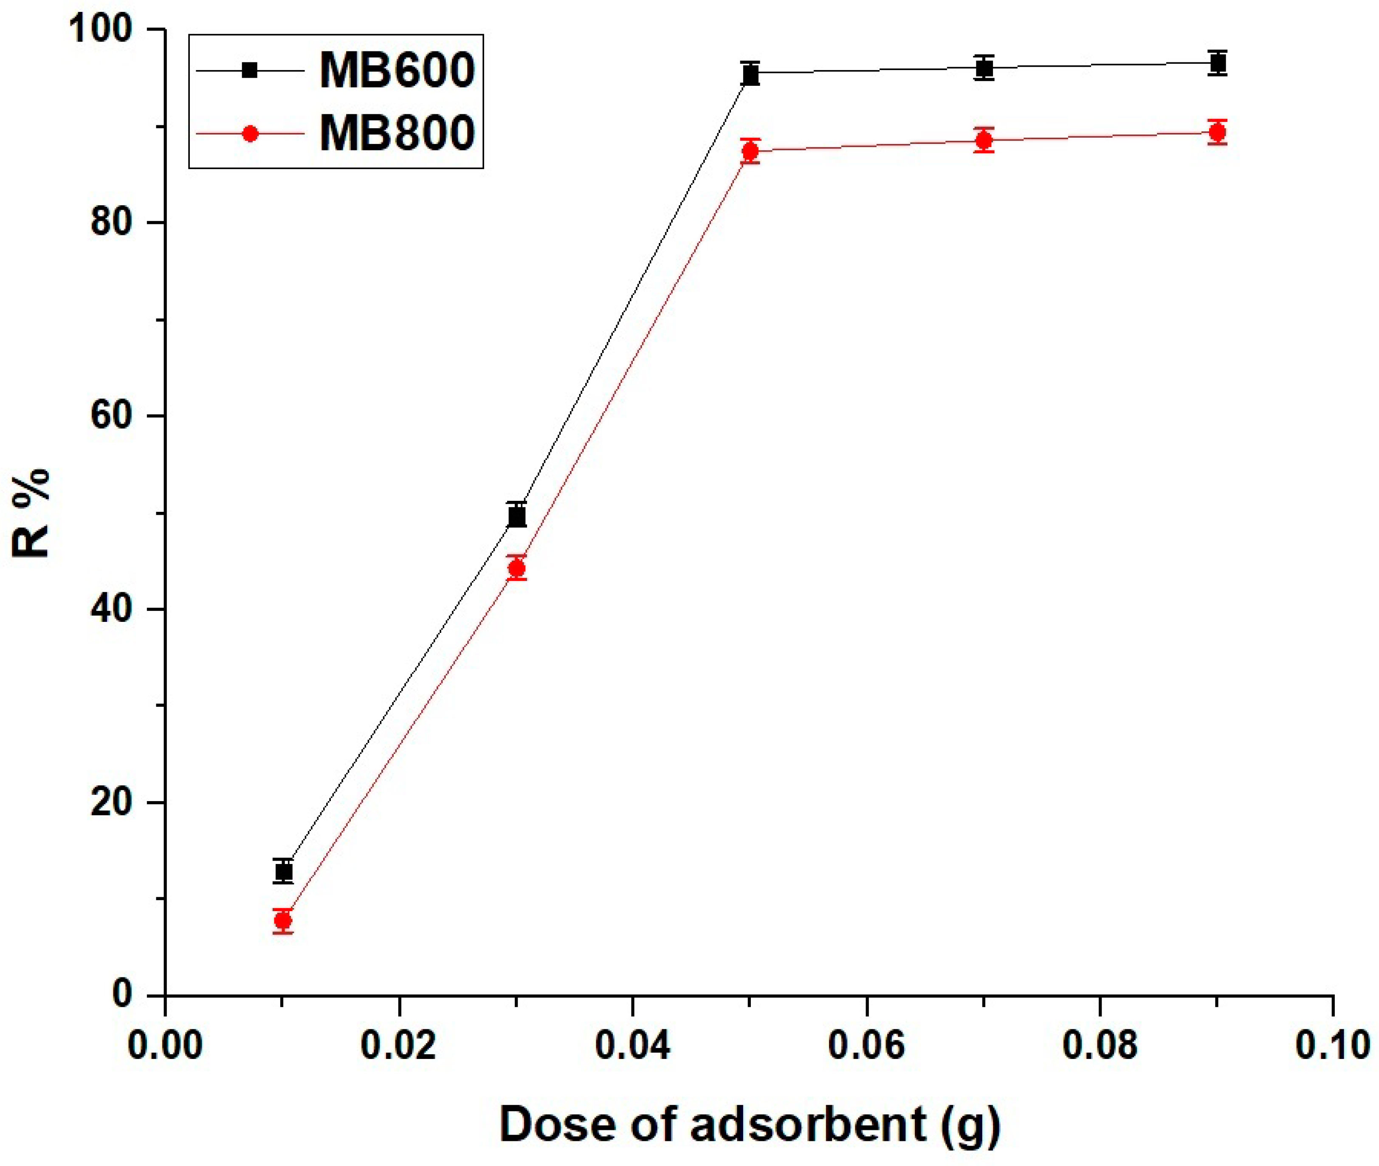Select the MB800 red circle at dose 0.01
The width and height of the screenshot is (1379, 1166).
coord(283,920)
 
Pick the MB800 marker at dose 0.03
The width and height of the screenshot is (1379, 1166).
coord(517,568)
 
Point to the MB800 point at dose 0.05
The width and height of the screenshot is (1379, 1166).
coord(750,151)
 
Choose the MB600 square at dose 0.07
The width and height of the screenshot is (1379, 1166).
coord(984,68)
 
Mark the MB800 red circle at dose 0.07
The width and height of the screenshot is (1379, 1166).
coord(984,140)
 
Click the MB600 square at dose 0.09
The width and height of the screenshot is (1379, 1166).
coord(1217,63)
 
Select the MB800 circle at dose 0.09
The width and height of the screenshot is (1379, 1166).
coord(1217,132)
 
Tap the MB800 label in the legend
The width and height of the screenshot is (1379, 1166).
coord(396,133)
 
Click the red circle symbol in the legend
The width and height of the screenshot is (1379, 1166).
coord(250,133)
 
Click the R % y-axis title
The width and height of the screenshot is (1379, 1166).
coord(31,513)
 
